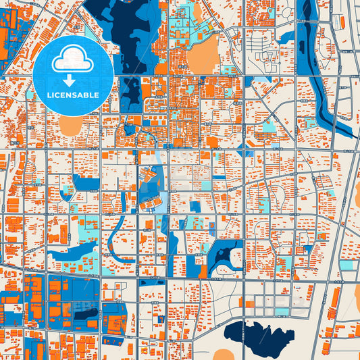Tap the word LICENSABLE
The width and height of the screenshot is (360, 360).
[72, 95]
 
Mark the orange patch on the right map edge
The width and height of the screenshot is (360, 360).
[356, 196]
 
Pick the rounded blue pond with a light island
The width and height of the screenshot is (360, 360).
[226, 257]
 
